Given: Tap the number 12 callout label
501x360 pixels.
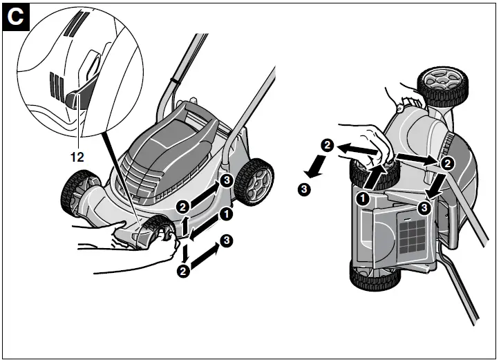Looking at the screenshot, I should (76, 157).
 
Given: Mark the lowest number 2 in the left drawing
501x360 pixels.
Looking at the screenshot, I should (182, 271).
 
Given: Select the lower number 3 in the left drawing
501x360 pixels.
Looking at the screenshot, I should (226, 241).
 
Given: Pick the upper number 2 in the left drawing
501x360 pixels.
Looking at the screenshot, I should (182, 207).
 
